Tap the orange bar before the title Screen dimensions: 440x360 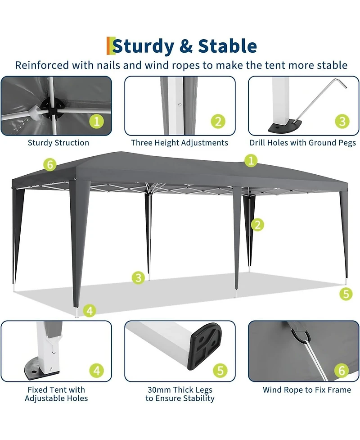point(108,46)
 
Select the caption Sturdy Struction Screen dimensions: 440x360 point(58,143)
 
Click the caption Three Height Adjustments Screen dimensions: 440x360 point(180,143)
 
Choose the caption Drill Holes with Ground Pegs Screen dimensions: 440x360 point(303,143)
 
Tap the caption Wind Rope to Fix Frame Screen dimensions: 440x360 point(307,390)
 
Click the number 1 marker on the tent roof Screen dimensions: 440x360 point(251,160)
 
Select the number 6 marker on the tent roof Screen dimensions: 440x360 point(50,165)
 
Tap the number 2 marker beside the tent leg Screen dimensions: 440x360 point(257,224)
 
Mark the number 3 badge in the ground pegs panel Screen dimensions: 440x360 point(342,121)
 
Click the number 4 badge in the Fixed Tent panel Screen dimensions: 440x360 point(97,371)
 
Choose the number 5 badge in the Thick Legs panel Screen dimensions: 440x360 point(220,371)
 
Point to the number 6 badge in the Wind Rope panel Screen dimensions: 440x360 point(342,371)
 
